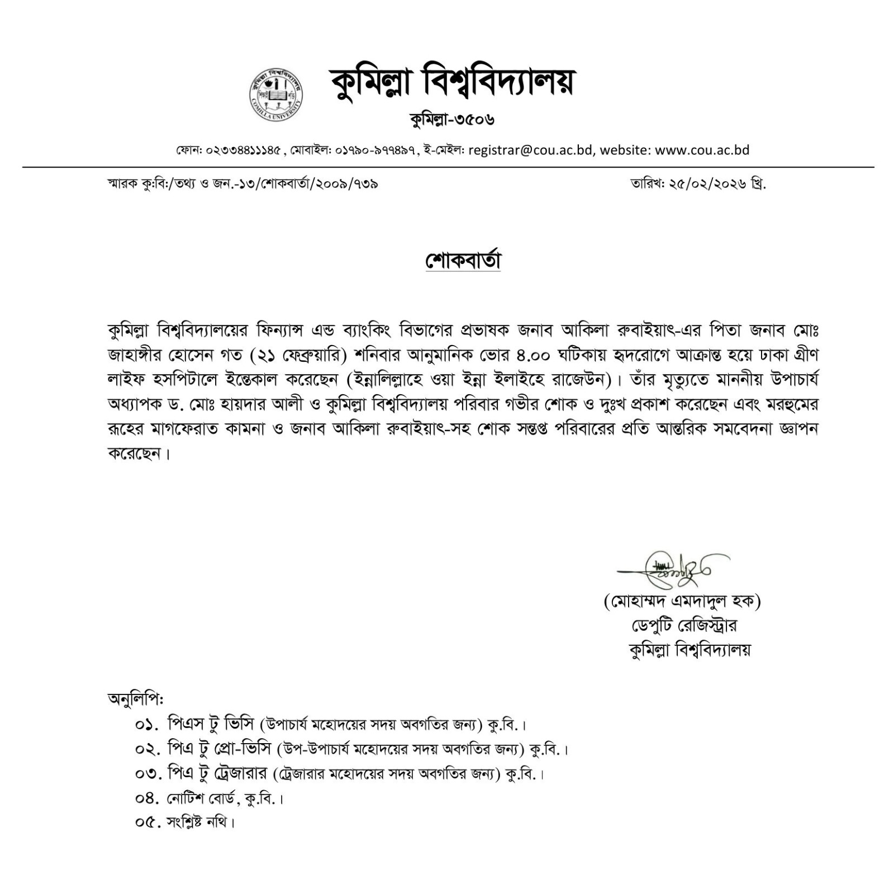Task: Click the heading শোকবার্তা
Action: pyautogui.click(x=463, y=261)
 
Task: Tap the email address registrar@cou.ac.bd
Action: pyautogui.click(x=531, y=150)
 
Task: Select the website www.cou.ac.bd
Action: pyautogui.click(x=702, y=150)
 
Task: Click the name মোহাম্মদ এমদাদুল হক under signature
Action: pyautogui.click(x=682, y=601)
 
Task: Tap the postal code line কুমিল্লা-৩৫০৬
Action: pyautogui.click(x=452, y=119)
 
